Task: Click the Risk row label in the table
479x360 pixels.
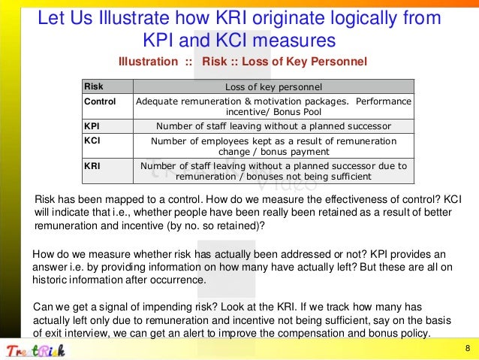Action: click(94, 86)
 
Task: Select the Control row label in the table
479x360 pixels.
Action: click(100, 101)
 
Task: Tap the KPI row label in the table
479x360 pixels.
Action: click(93, 126)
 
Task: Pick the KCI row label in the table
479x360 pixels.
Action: click(93, 140)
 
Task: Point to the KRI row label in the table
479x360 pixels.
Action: click(93, 165)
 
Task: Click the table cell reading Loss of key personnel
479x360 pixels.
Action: click(273, 86)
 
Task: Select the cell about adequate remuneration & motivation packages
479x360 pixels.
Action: click(273, 106)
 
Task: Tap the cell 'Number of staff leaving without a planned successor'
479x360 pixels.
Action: click(273, 126)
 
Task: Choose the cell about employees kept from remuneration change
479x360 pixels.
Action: click(273, 145)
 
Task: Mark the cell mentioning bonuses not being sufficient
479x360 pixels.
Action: click(273, 171)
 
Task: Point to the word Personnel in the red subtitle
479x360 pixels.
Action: click(340, 61)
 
